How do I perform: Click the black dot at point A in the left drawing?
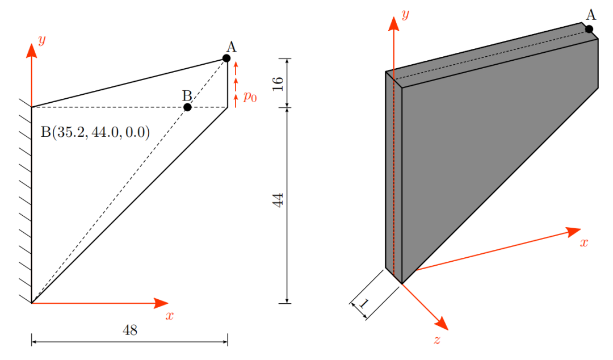click(226, 58)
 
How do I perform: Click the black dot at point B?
click(187, 107)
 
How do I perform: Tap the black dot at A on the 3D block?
click(589, 30)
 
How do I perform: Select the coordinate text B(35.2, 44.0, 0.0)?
click(95, 132)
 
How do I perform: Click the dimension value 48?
click(130, 330)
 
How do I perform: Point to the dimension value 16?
click(278, 83)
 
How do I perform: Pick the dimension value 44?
click(278, 200)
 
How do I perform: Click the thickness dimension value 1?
click(364, 303)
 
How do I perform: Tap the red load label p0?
click(250, 97)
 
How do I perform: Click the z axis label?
click(437, 340)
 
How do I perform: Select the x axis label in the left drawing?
click(169, 315)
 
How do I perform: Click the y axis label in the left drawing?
click(42, 40)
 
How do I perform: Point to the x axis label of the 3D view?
click(583, 242)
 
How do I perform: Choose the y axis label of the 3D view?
click(405, 14)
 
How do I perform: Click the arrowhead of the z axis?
click(442, 324)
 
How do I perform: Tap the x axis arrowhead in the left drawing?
click(161, 303)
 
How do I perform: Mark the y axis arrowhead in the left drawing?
click(32, 51)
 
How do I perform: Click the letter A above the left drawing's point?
click(232, 47)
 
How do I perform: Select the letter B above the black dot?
click(187, 96)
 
